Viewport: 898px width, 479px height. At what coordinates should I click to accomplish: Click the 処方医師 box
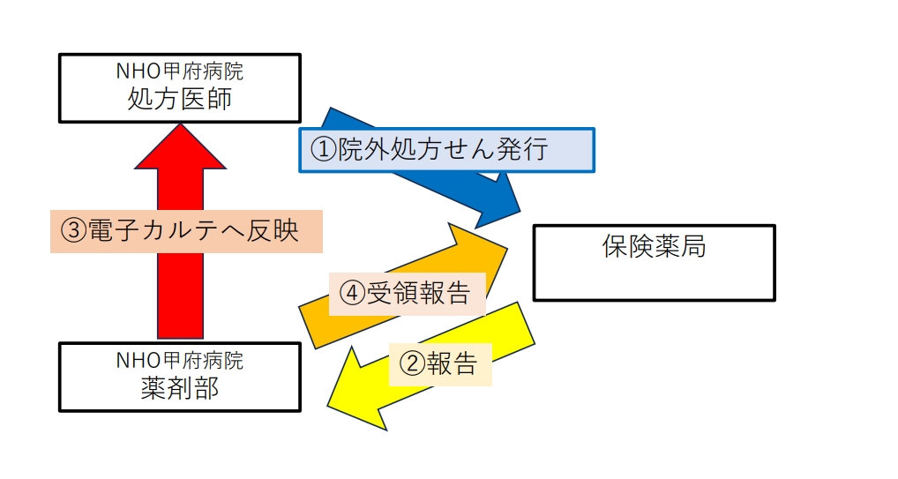179,87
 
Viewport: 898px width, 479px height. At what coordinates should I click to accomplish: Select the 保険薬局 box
654,263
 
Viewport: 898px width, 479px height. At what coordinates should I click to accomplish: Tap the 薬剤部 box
179,377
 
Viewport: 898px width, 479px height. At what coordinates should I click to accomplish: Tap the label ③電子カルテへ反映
186,230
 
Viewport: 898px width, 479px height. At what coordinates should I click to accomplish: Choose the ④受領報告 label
407,293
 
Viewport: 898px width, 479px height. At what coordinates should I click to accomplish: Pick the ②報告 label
439,363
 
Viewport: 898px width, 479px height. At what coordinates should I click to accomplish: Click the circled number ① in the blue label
323,150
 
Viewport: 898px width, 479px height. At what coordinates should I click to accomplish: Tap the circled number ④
352,294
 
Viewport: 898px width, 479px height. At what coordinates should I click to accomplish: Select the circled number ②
412,363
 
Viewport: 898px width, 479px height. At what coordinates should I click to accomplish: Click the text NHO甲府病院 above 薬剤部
179,361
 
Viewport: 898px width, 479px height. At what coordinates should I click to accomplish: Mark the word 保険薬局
654,246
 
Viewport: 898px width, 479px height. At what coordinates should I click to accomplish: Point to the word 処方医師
179,99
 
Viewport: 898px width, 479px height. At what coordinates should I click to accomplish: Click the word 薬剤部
179,389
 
